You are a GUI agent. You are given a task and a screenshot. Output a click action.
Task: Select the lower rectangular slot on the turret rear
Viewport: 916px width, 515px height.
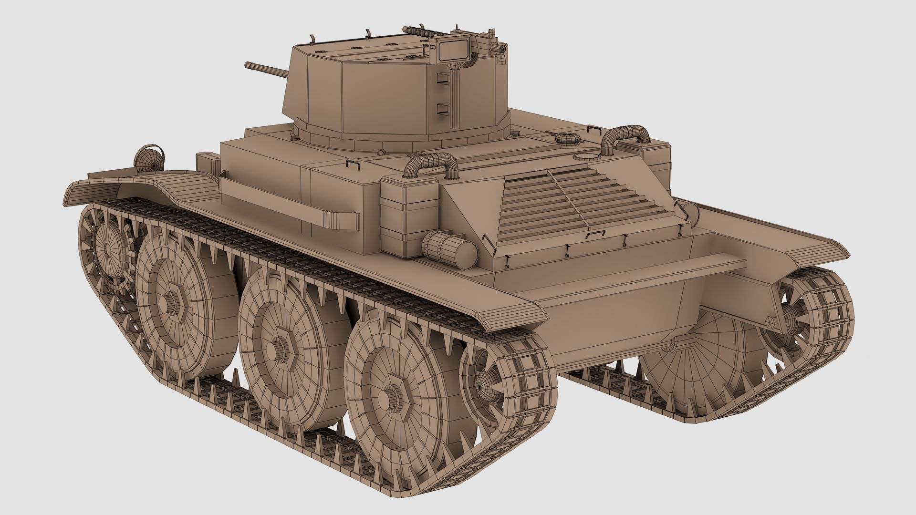(444, 110)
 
